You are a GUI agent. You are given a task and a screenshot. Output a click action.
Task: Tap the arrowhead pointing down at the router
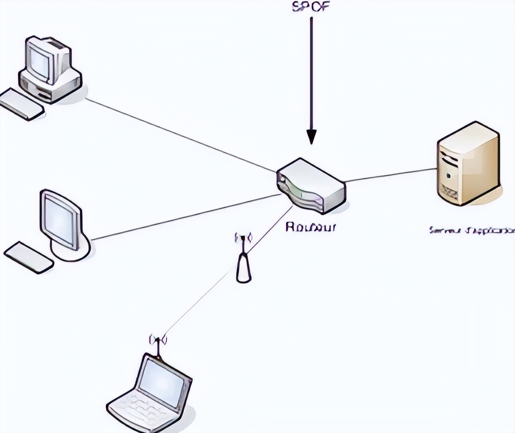[x=311, y=136]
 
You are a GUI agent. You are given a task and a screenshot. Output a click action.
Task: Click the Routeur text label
[x=310, y=227]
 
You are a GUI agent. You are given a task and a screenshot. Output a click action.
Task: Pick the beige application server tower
[x=468, y=163]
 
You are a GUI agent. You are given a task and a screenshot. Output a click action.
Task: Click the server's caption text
[x=471, y=231]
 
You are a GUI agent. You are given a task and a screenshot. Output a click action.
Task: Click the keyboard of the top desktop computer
[x=21, y=104]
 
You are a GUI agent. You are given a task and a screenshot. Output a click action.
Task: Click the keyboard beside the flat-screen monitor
[x=28, y=258]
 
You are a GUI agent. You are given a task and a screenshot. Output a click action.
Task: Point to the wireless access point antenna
[x=243, y=262]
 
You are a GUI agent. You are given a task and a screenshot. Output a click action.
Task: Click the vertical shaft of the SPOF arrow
[x=311, y=72]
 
